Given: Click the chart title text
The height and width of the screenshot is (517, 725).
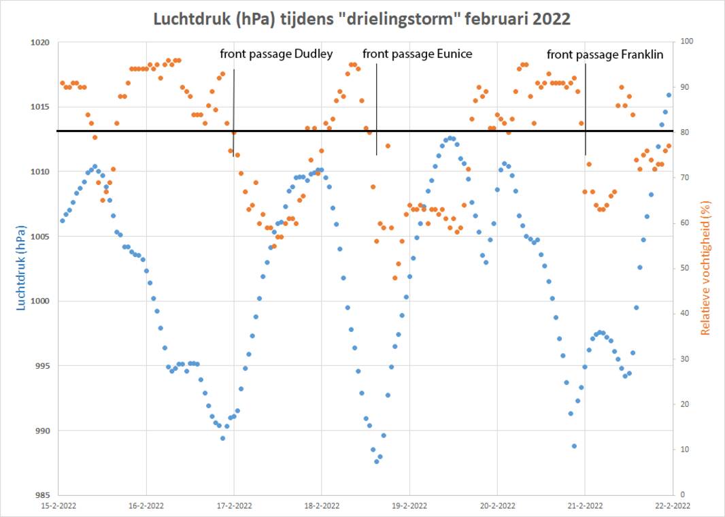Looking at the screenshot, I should pos(361,19).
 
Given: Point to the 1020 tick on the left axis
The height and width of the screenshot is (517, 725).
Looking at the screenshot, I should pos(41,42).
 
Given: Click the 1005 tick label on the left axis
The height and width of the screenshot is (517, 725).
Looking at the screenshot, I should pos(41,236).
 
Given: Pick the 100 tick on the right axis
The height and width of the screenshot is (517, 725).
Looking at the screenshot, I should pos(686,42).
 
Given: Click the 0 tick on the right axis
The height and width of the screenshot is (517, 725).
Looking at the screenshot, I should pos(682,495).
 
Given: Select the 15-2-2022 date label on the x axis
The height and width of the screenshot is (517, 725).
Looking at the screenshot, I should pos(58,505).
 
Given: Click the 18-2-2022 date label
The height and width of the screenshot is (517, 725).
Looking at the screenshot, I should pos(322,505).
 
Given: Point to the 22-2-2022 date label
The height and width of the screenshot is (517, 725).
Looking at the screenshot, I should pos(673,505).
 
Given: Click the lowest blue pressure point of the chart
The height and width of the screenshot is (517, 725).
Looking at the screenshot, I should pos(376,461).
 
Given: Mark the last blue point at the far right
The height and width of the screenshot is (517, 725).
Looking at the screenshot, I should pos(669,95).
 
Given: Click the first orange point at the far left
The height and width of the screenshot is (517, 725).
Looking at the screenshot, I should pos(62,83).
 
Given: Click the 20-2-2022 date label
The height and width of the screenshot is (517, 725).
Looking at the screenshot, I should pos(497,505).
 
